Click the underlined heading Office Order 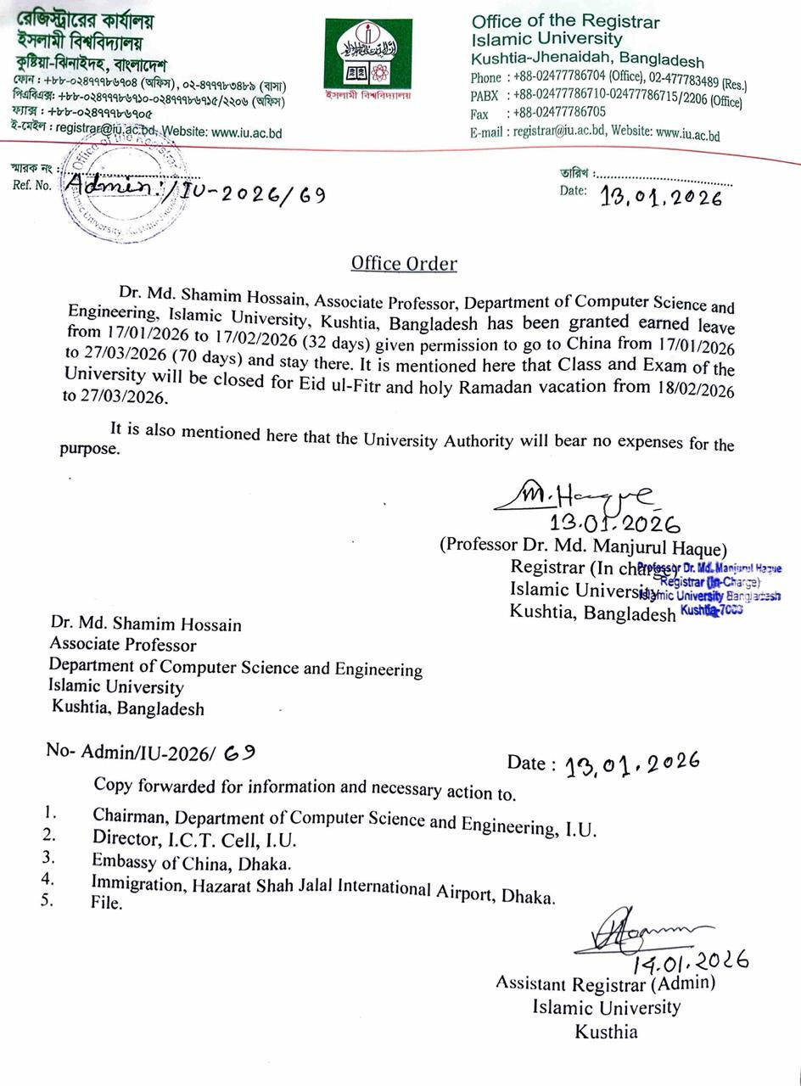[404, 264]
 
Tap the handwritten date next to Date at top [661, 198]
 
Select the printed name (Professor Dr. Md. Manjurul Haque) [583, 546]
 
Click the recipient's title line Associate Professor [123, 645]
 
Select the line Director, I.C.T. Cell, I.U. [194, 839]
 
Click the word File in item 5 [107, 904]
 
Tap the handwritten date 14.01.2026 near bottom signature [690, 962]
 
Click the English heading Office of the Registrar [565, 22]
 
